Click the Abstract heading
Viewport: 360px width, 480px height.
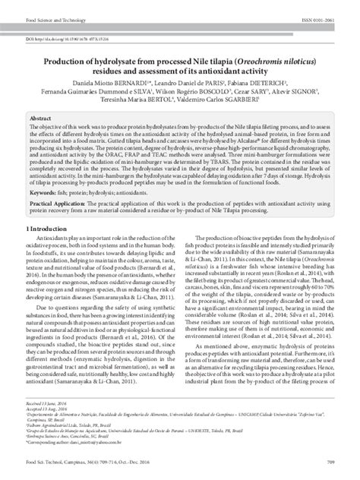point(40,120)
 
